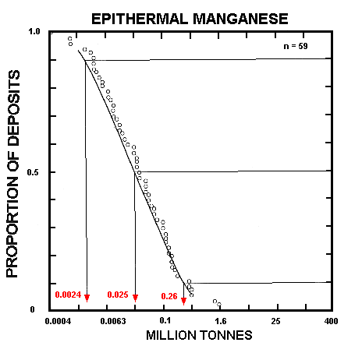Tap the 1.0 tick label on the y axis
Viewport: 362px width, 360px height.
[34, 33]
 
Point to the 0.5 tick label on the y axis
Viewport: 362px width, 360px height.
[34, 172]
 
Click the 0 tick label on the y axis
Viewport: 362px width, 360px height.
[33, 310]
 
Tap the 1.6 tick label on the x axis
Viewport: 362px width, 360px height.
[221, 320]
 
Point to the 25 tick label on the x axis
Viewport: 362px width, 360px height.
[275, 320]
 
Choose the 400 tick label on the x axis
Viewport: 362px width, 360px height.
[330, 320]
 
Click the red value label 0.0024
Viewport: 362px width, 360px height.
[68, 295]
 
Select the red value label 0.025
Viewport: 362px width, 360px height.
[118, 295]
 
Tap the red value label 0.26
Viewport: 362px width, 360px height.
[169, 295]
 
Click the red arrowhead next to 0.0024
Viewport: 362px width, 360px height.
[87, 298]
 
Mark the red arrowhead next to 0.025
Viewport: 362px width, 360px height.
[135, 298]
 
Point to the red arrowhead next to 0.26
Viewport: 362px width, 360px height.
[183, 298]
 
